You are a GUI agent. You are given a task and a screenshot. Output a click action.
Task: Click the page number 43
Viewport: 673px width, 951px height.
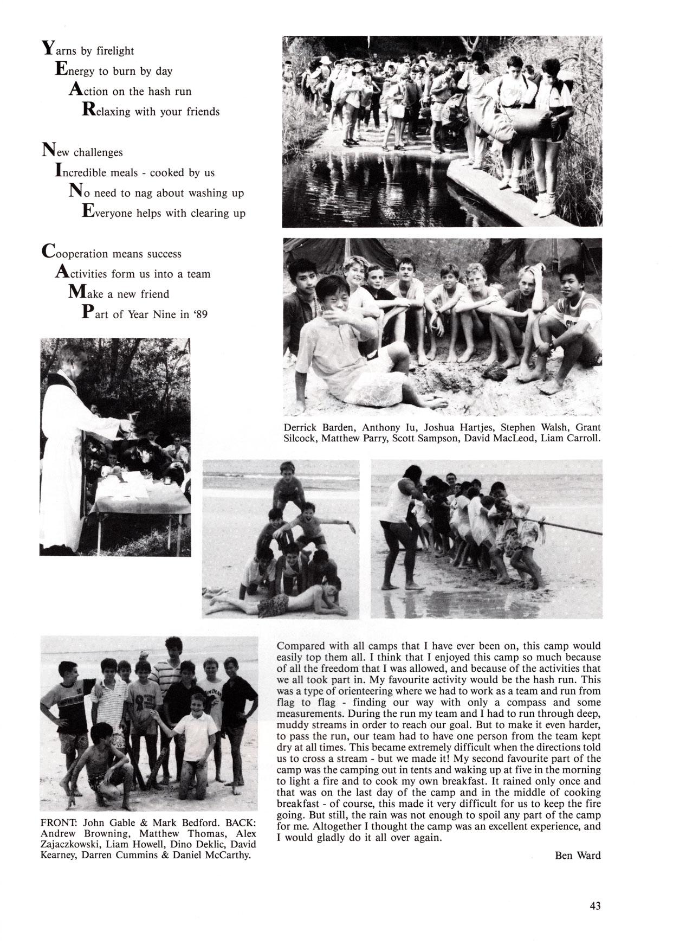596,906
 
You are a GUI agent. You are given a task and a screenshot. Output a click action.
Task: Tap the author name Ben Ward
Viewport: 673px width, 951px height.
578,856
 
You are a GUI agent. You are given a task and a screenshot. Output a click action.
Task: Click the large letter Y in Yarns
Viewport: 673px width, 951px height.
47,49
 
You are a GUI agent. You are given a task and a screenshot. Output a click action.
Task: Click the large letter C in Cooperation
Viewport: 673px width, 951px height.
48,252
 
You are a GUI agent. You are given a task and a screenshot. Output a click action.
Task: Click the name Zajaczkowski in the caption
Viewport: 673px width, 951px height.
68,845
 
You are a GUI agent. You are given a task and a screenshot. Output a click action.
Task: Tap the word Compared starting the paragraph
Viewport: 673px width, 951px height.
301,646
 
